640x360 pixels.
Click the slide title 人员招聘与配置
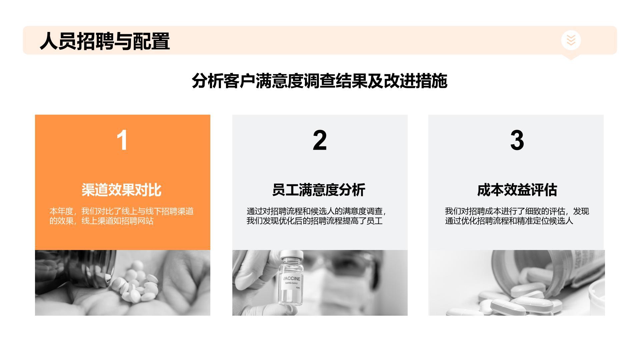pos(105,41)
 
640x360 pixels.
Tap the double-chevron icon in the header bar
pos(571,40)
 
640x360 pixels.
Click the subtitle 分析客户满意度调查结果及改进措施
pos(319,81)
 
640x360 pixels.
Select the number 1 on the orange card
pos(122,140)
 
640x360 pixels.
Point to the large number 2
pos(320,140)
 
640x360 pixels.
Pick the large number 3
pos(517,140)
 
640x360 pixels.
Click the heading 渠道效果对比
pos(121,190)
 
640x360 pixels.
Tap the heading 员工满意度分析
pos(319,190)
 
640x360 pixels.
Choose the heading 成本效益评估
pos(517,190)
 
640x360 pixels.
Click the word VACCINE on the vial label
pos(292,278)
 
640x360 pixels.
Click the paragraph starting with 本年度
pos(121,216)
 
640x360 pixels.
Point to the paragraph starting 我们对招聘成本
pos(517,216)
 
